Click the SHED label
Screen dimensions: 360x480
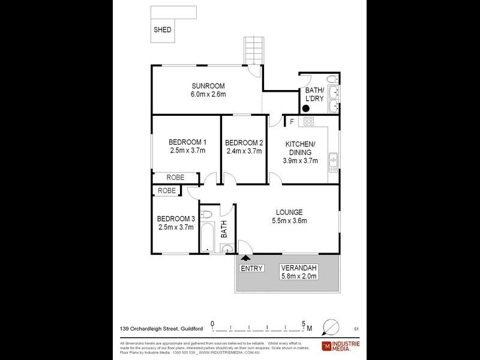coord(163,29)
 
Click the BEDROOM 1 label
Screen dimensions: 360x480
coord(187,142)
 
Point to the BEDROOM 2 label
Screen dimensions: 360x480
coord(244,142)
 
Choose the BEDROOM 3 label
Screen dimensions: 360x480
coord(176,218)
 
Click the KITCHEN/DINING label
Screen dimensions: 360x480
coord(301,148)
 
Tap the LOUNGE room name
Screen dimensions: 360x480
coord(289,212)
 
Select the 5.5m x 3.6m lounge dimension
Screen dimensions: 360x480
coord(289,221)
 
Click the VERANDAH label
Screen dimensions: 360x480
coord(298,268)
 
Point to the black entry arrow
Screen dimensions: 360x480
coord(245,258)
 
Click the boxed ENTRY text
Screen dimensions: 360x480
coord(251,268)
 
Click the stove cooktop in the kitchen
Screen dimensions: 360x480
coord(308,122)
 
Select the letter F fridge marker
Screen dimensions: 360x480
coord(292,122)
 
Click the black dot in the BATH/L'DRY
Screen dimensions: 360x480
coord(305,109)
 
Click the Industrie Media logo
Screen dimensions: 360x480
coord(339,346)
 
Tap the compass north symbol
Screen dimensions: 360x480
coord(330,327)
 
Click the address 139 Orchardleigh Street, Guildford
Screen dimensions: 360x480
coord(160,329)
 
